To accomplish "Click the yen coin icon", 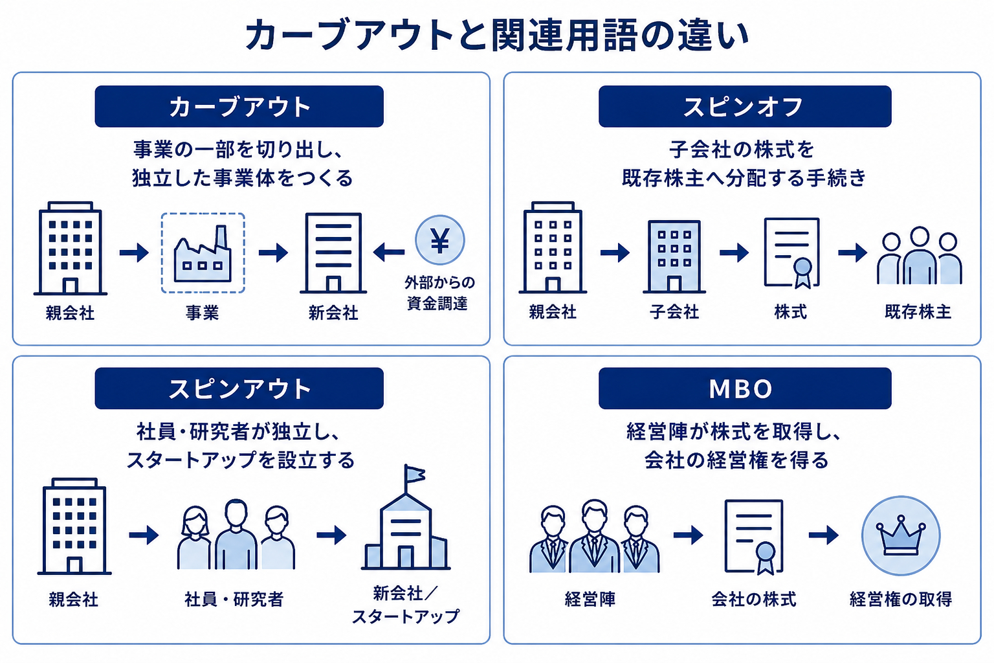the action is click(x=440, y=240).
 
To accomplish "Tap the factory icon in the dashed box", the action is click(x=203, y=255).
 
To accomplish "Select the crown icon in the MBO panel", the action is click(x=900, y=536).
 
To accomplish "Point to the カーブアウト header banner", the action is click(x=239, y=107).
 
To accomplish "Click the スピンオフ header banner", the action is click(x=745, y=107).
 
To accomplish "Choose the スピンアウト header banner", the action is click(x=239, y=388).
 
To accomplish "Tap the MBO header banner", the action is click(x=745, y=388).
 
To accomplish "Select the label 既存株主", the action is click(x=918, y=311).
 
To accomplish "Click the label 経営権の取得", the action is click(x=901, y=599).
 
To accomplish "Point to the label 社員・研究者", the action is click(x=234, y=599).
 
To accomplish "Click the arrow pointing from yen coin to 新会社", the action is click(x=389, y=253).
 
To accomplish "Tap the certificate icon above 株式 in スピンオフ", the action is click(x=791, y=253).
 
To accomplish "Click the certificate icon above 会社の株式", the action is click(x=753, y=537).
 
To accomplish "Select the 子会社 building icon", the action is click(x=674, y=256).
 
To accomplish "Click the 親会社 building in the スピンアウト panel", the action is click(x=74, y=526).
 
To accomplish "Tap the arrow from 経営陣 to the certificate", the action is click(x=689, y=535).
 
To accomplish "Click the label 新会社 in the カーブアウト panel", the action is click(x=333, y=313).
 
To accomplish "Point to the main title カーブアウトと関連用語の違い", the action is click(x=497, y=35).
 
